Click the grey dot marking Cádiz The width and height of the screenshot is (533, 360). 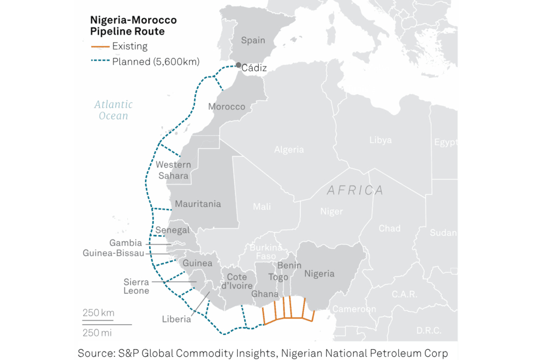pyautogui.click(x=238, y=65)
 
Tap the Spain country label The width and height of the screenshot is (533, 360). pyautogui.click(x=253, y=41)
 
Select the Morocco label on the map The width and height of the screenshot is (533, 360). pyautogui.click(x=227, y=107)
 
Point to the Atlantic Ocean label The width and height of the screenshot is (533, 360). pyautogui.click(x=113, y=110)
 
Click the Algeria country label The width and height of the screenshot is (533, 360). pyautogui.click(x=289, y=150)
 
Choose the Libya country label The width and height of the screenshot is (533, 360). pyautogui.click(x=380, y=140)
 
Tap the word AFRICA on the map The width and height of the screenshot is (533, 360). pyautogui.click(x=355, y=190)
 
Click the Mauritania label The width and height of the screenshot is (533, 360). pyautogui.click(x=198, y=204)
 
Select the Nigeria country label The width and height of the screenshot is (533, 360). pyautogui.click(x=319, y=274)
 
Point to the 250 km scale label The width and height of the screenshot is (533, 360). pyautogui.click(x=98, y=313)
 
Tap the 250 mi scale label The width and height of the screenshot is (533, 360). pyautogui.click(x=98, y=333)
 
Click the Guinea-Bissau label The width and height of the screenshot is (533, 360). pyautogui.click(x=113, y=253)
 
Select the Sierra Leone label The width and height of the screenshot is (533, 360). pyautogui.click(x=136, y=286)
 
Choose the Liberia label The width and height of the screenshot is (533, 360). pyautogui.click(x=176, y=319)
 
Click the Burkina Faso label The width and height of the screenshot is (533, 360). pyautogui.click(x=266, y=252)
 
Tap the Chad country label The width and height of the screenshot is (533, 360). pyautogui.click(x=389, y=228)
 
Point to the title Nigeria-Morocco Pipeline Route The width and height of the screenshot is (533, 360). pyautogui.click(x=133, y=26)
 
